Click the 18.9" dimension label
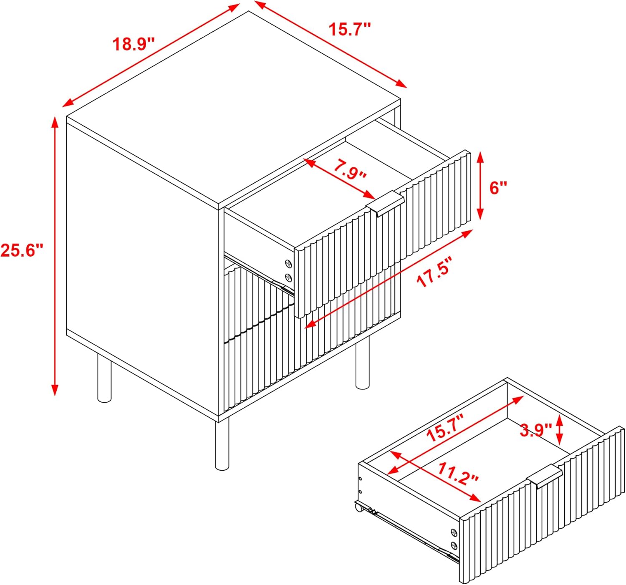pyautogui.click(x=134, y=44)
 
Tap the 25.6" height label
pyautogui.click(x=21, y=250)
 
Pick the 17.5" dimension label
pyautogui.click(x=436, y=272)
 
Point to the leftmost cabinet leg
pyautogui.click(x=104, y=378)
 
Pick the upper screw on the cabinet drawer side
pyautogui.click(x=288, y=263)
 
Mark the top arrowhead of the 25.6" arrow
pyautogui.click(x=55, y=122)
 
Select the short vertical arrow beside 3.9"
pyautogui.click(x=560, y=430)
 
